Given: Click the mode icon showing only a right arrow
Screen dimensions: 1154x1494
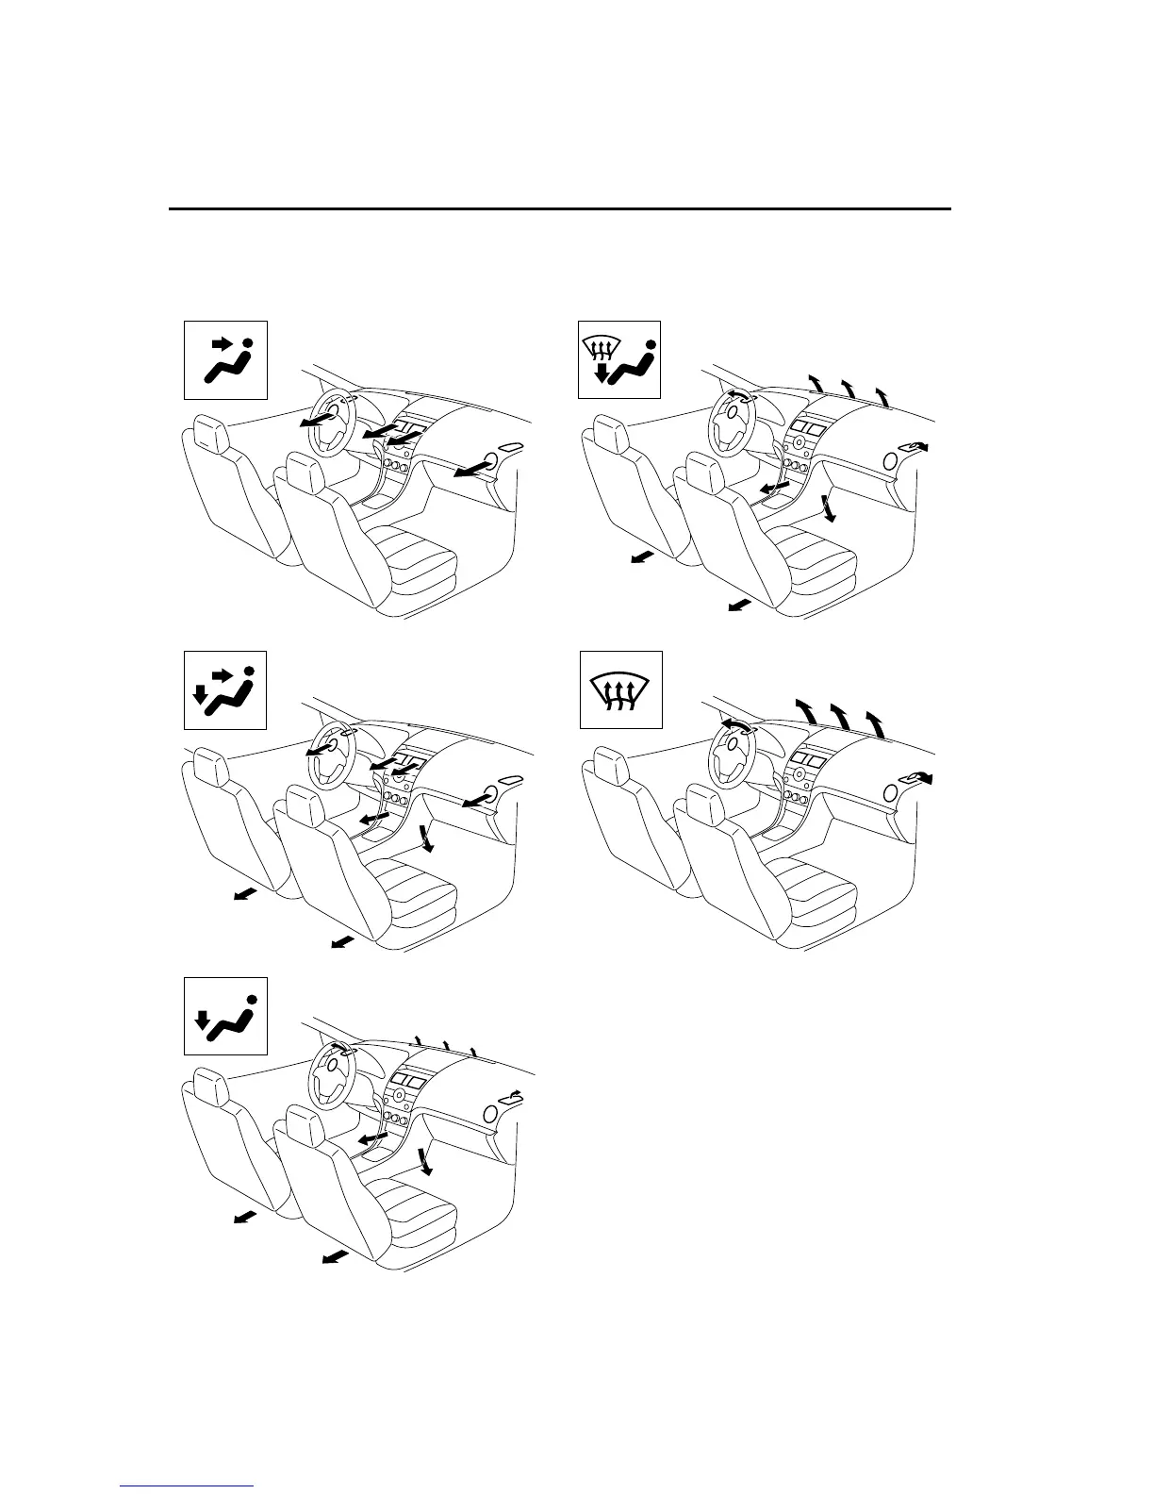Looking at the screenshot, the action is point(224,358).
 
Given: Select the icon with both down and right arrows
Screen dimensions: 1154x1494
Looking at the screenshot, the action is point(224,689).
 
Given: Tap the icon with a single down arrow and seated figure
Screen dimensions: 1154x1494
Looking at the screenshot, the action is point(224,1015).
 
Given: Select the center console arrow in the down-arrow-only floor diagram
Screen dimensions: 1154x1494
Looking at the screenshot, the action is point(372,1140).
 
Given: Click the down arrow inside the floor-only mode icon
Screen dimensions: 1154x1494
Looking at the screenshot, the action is point(200,1021).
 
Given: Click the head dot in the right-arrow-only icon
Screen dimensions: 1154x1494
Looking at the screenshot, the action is point(248,343).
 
